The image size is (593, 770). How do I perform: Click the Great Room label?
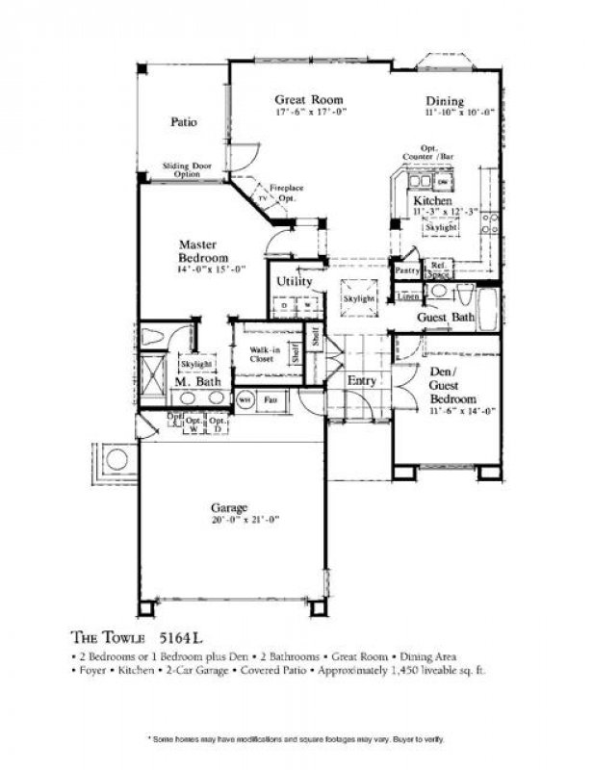pos(309,99)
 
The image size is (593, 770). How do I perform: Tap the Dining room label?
pos(445,101)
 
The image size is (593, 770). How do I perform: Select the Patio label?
pos(184,122)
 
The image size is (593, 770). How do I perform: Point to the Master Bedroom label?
pos(203,252)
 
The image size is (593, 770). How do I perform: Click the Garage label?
pos(230,507)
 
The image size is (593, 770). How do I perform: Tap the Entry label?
pos(362,381)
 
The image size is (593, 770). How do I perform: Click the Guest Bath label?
pos(445,318)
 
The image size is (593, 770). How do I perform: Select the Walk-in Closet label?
pos(262,353)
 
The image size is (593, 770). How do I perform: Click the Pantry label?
pos(406,272)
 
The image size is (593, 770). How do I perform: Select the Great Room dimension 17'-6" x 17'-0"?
pos(310,113)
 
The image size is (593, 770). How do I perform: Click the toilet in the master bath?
pos(155,337)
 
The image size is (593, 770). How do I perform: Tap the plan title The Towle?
pos(107,636)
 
